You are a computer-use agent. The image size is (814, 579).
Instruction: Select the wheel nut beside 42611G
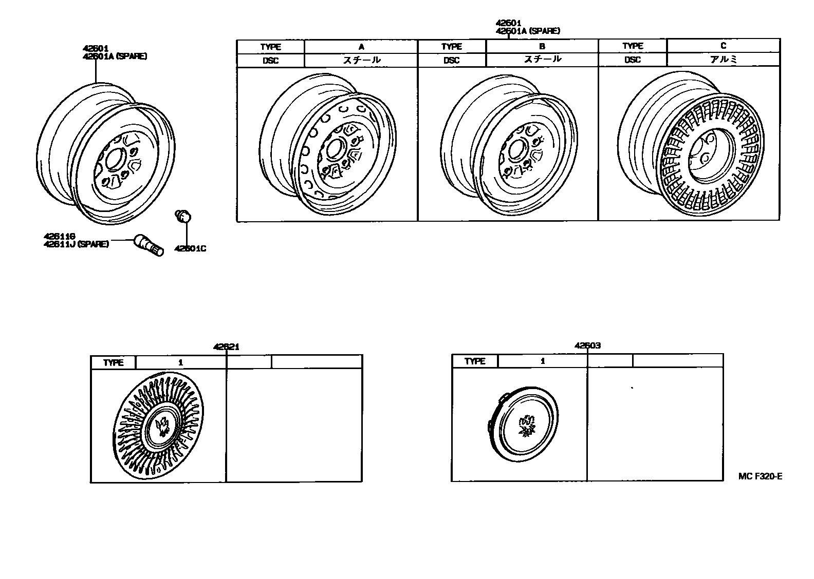149,245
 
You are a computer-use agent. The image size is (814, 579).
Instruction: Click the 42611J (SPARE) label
76,244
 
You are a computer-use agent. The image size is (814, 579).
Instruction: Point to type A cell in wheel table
361,47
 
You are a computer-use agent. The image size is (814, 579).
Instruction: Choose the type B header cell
542,46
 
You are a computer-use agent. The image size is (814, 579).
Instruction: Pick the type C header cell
723,46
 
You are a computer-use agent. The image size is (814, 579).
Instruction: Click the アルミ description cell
723,59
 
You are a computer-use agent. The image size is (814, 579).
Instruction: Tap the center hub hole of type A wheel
335,149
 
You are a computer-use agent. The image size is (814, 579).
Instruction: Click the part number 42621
226,347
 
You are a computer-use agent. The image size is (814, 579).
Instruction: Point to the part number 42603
587,345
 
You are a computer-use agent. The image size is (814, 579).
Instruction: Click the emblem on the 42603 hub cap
526,425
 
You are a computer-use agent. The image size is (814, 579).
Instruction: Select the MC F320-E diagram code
760,476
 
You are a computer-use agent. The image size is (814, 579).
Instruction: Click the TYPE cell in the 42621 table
114,362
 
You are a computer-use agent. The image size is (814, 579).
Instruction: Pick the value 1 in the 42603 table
543,361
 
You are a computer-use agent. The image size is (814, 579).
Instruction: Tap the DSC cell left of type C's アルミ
633,60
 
